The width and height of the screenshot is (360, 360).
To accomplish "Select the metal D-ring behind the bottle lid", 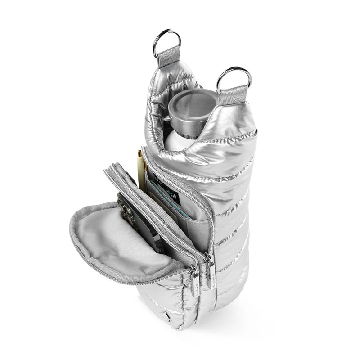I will click(166, 41).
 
